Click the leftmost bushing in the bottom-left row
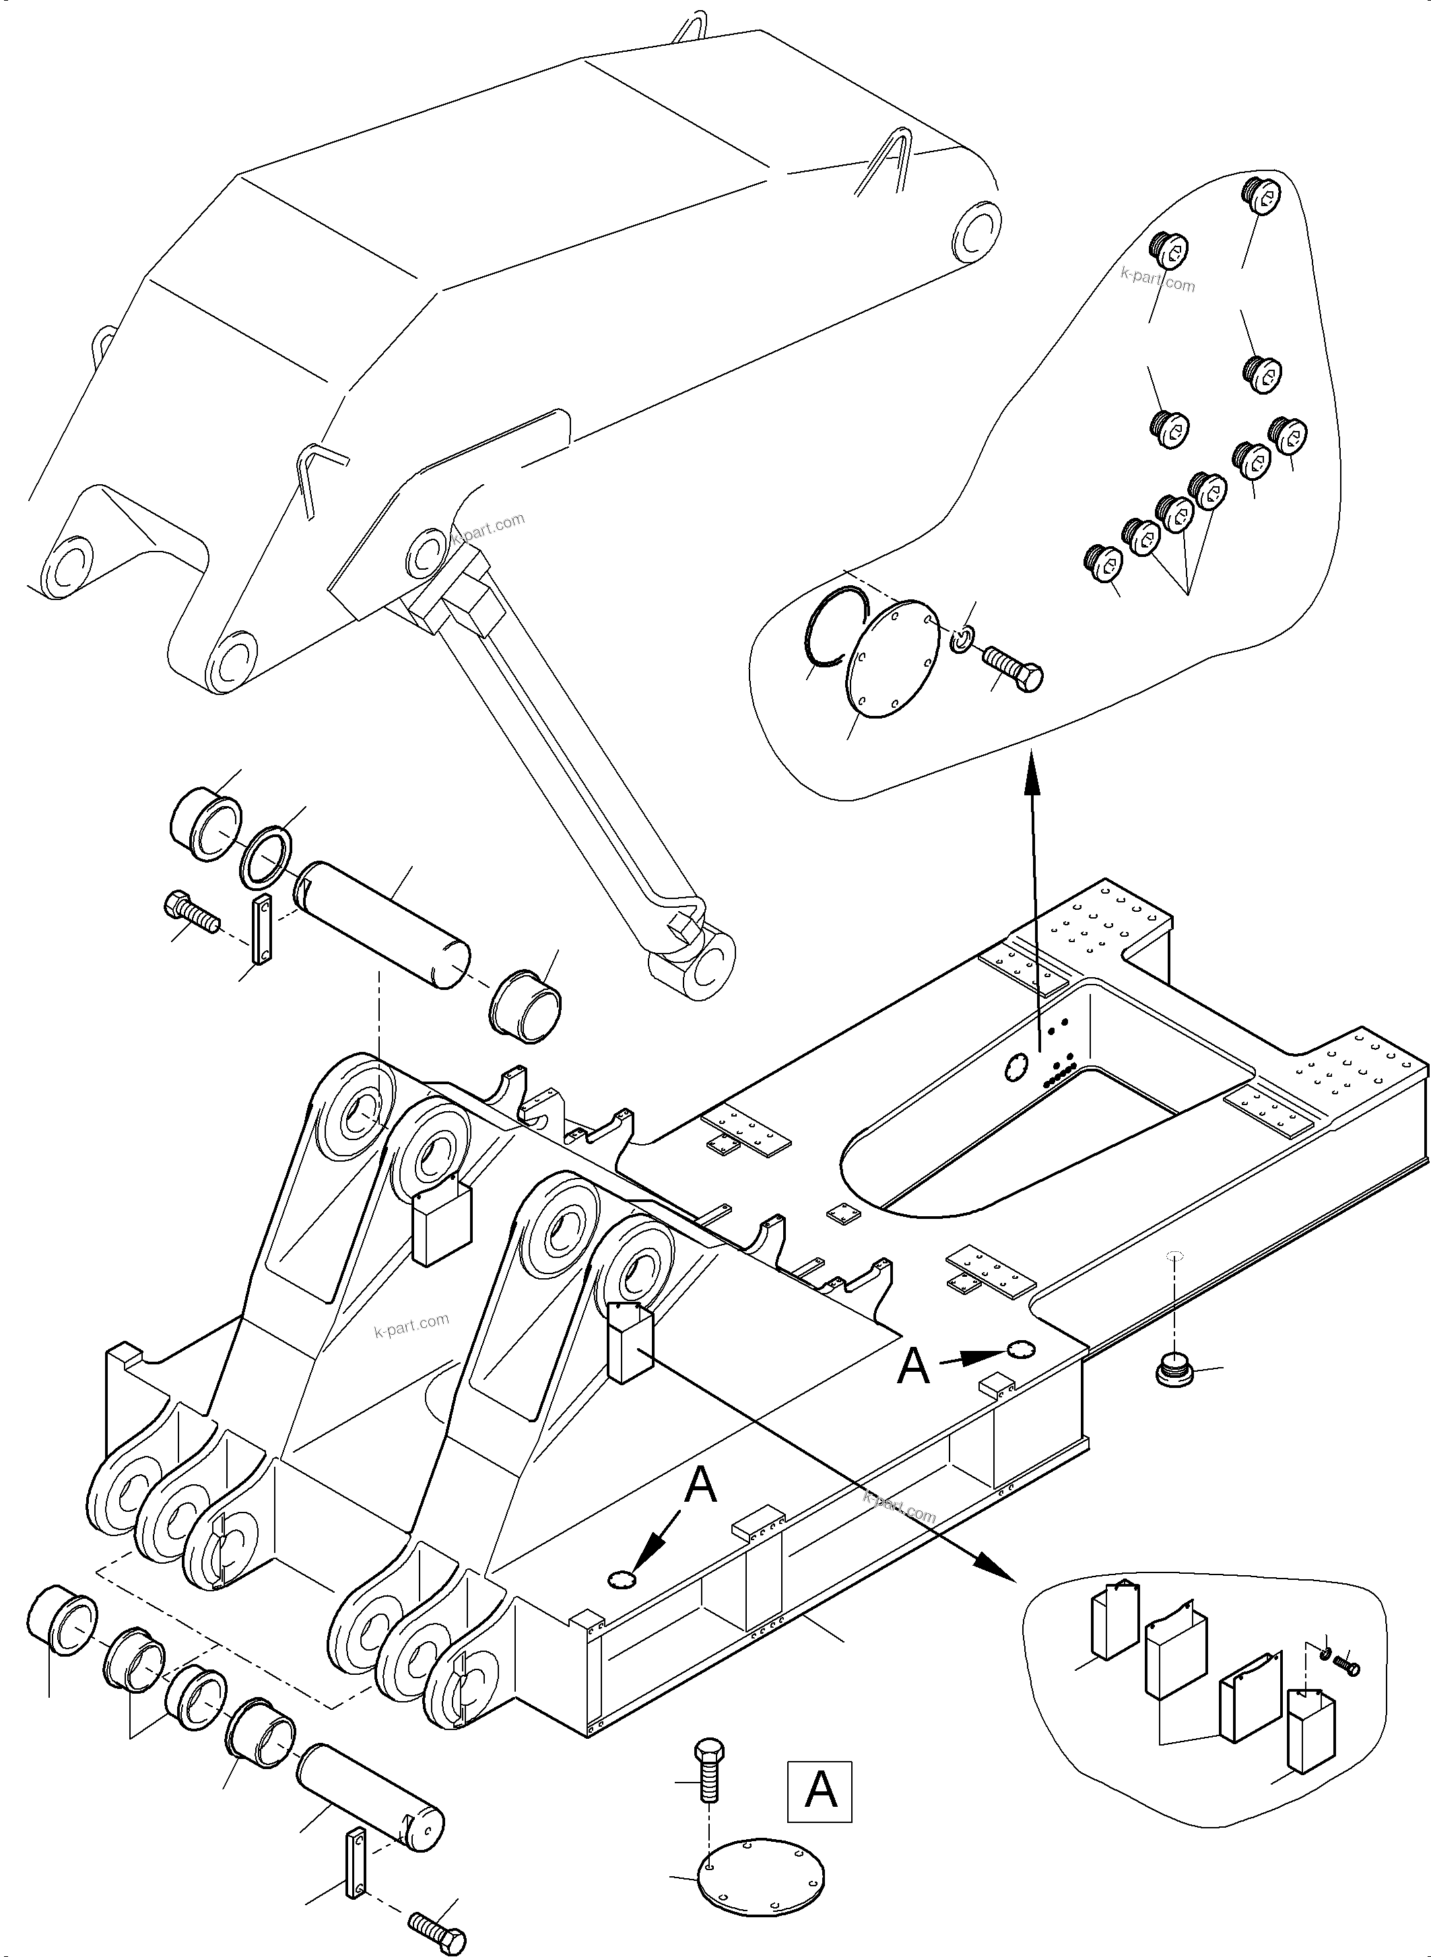61,1618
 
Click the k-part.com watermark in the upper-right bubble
1158,279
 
